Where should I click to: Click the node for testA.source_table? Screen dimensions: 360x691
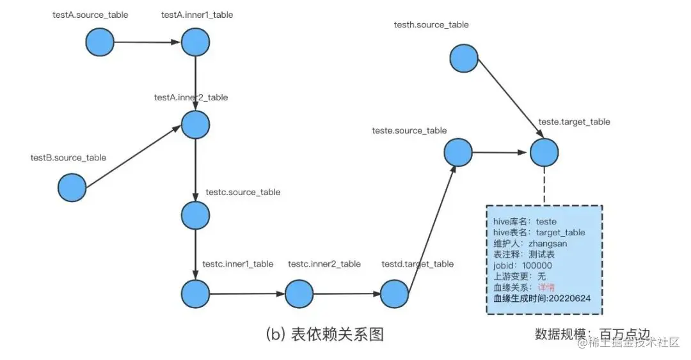click(100, 42)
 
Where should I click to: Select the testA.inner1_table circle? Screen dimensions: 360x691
click(195, 42)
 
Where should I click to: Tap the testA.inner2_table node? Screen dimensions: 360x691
click(195, 124)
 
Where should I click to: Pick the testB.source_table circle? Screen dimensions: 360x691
click(72, 188)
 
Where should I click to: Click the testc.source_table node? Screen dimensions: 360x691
click(195, 215)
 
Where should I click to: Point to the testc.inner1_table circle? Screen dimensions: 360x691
click(195, 294)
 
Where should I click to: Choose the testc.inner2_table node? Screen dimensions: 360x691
click(299, 294)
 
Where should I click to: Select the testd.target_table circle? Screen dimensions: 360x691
click(395, 294)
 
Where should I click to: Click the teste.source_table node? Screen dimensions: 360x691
click(458, 153)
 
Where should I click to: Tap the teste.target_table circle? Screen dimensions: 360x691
click(543, 153)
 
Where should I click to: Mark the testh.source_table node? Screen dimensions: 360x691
click(464, 58)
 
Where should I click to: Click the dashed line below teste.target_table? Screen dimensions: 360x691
click(543, 186)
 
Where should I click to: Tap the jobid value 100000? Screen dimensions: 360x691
click(537, 265)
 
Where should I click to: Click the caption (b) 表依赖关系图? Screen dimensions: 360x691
click(324, 333)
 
